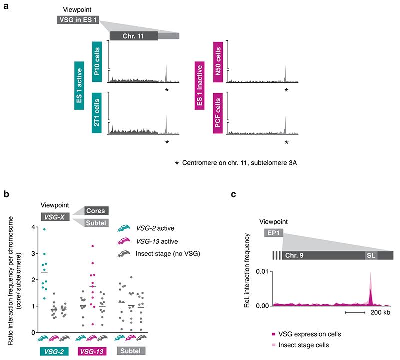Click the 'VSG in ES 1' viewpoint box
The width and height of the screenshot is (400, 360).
[x=77, y=19]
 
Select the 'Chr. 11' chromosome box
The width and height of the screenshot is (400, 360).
[x=133, y=36]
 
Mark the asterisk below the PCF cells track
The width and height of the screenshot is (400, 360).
[x=286, y=142]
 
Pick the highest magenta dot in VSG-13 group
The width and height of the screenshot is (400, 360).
[x=92, y=246]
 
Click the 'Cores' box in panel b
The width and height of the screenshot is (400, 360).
[x=96, y=211]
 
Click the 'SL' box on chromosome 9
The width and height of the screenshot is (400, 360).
[x=370, y=255]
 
